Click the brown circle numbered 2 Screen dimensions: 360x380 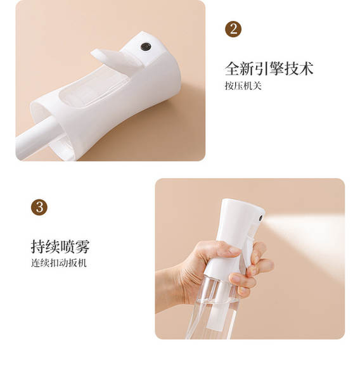point(233,29)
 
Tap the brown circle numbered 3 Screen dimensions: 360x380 point(39,207)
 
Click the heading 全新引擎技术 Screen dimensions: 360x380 point(269,68)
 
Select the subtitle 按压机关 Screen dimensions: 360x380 point(243,85)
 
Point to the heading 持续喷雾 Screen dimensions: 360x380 point(60,246)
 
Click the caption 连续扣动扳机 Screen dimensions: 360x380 point(59,263)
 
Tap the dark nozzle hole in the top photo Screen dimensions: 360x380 point(146,46)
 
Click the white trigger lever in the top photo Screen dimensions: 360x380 point(116,58)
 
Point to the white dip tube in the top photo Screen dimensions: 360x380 point(36,136)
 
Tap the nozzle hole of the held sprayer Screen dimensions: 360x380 point(260,218)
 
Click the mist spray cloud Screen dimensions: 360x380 point(305,240)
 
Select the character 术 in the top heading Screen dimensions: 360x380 point(306,68)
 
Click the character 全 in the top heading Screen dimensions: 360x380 point(232,68)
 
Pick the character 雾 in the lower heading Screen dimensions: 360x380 point(82,246)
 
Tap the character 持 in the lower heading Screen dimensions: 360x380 point(38,246)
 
